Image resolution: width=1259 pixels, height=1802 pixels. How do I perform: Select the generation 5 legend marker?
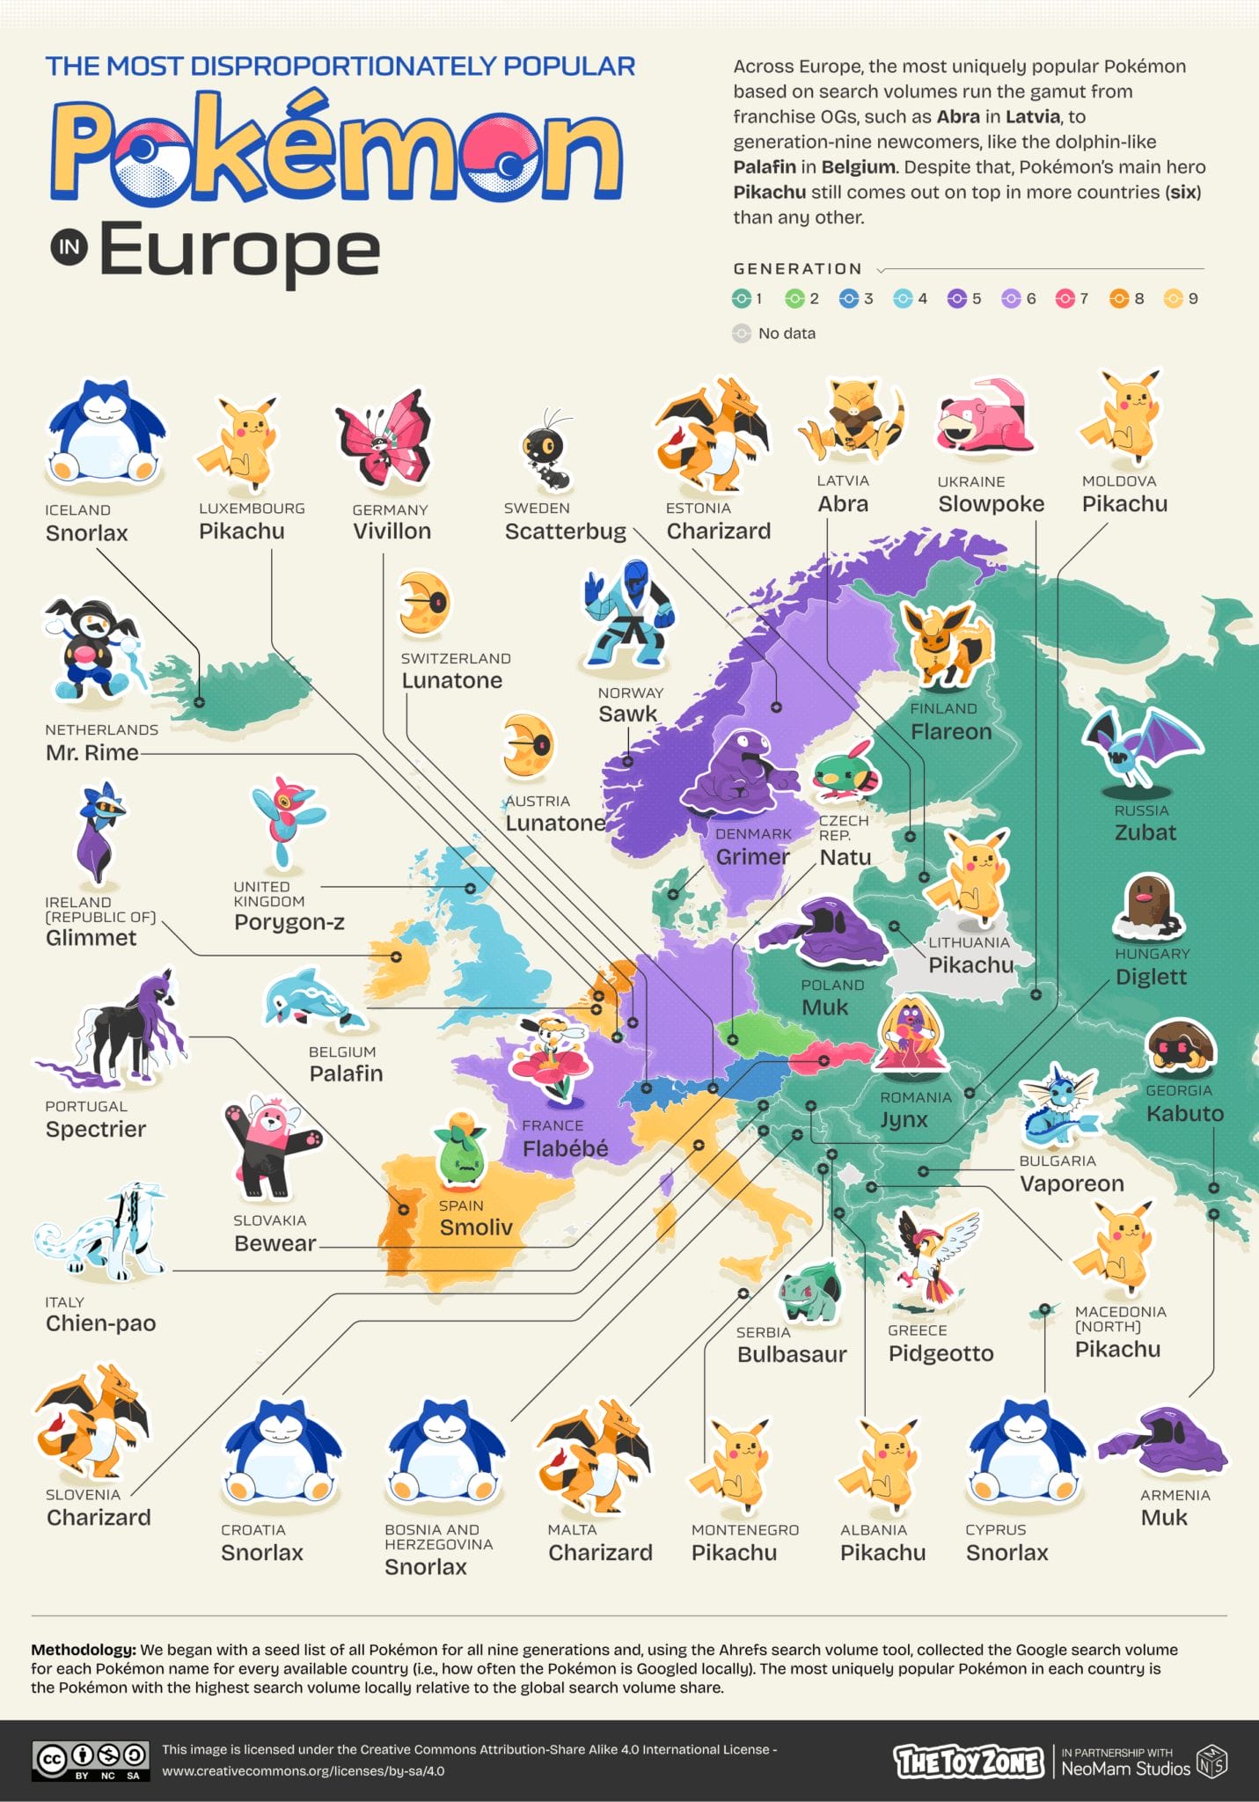click(x=956, y=299)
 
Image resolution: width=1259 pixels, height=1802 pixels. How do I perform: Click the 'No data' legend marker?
click(x=742, y=333)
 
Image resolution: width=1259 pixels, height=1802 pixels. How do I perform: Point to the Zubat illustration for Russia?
click(x=1140, y=749)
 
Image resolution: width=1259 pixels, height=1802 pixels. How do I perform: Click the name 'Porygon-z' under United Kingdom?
click(x=289, y=922)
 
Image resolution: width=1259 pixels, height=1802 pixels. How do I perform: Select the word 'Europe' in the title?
click(x=239, y=250)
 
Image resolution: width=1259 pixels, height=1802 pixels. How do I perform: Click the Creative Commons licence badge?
click(x=90, y=1761)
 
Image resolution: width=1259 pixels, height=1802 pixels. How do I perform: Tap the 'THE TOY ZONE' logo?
click(x=969, y=1762)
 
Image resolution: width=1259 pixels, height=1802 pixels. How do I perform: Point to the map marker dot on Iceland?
click(x=200, y=702)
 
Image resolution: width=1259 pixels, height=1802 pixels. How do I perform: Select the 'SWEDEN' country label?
click(x=537, y=509)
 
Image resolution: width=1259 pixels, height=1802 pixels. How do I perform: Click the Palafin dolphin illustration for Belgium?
click(x=313, y=999)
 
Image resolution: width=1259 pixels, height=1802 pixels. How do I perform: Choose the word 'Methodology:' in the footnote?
click(x=84, y=1650)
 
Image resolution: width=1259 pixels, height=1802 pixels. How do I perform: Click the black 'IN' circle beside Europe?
click(x=70, y=247)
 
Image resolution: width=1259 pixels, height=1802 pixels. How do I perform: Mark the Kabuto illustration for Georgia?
click(x=1181, y=1048)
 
